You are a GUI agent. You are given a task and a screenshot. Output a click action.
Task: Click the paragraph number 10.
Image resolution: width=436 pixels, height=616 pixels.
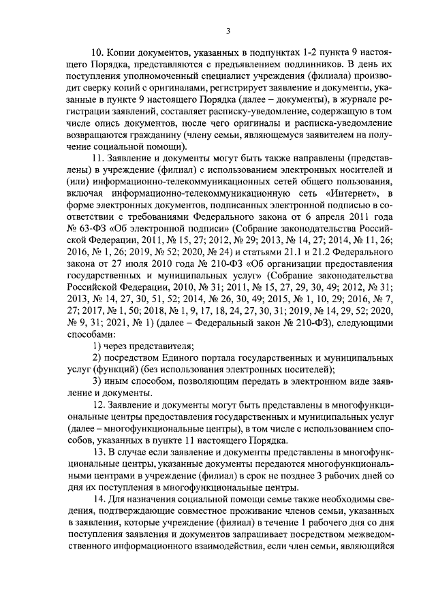pyautogui.click(x=97, y=52)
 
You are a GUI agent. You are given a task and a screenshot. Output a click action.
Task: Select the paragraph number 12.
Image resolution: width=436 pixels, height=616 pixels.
pyautogui.click(x=97, y=406)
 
